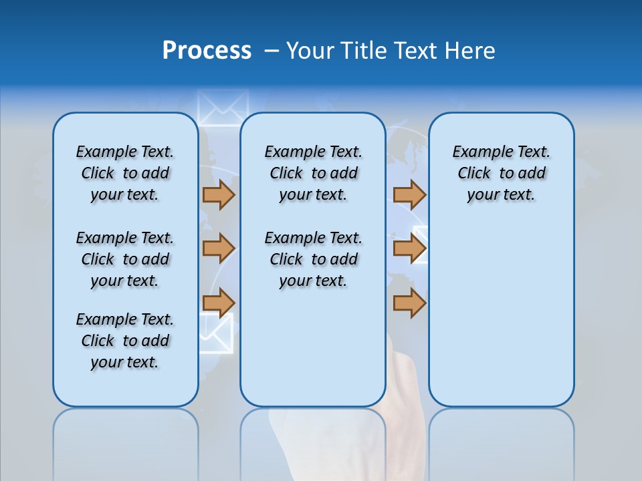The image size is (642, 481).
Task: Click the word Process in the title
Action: click(207, 51)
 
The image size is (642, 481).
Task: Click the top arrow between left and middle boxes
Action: click(219, 194)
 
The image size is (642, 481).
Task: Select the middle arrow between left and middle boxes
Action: click(219, 249)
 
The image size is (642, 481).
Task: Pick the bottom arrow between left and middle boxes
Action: click(219, 303)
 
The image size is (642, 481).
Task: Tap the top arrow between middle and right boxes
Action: click(409, 194)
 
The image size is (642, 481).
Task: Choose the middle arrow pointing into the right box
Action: click(409, 249)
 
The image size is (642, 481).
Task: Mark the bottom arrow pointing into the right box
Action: click(409, 303)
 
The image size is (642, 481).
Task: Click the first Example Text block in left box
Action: click(125, 173)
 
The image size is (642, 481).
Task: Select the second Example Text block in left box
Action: click(125, 259)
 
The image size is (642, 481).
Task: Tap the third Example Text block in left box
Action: click(125, 341)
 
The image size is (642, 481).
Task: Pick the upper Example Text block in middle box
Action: click(313, 173)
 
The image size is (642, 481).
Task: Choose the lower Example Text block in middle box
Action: click(313, 259)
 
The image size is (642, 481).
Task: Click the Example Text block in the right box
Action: click(501, 173)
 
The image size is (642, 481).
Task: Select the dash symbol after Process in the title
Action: click(272, 51)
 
